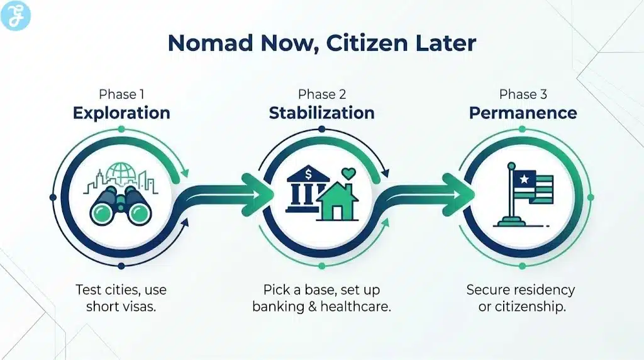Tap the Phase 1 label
[121, 94]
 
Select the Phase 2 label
[321, 94]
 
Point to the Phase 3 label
[523, 94]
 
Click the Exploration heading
[121, 113]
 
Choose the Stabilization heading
[321, 113]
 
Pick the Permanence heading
[523, 113]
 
